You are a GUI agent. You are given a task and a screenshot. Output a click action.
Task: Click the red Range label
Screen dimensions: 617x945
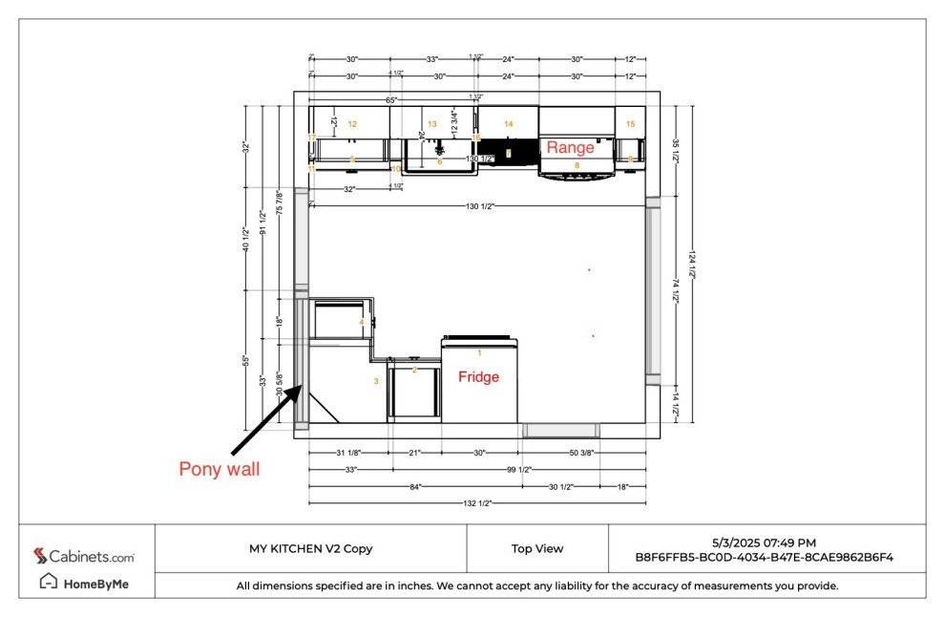pyautogui.click(x=570, y=147)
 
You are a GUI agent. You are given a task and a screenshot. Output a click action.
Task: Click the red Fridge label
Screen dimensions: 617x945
pyautogui.click(x=478, y=377)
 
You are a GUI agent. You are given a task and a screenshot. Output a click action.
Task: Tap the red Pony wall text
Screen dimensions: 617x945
pyautogui.click(x=219, y=469)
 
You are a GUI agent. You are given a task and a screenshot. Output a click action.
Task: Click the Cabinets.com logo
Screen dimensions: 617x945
pyautogui.click(x=84, y=556)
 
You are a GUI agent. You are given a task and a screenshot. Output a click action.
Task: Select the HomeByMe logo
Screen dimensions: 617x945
pyautogui.click(x=84, y=583)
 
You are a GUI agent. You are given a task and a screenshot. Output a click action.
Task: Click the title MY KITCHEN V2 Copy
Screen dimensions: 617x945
pyautogui.click(x=310, y=548)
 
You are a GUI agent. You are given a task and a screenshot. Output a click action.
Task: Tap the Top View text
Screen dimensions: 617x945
pyautogui.click(x=536, y=548)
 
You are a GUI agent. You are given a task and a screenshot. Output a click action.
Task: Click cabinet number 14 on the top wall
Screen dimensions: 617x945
pyautogui.click(x=509, y=124)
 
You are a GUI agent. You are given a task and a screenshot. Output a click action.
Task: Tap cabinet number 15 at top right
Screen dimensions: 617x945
pyautogui.click(x=630, y=124)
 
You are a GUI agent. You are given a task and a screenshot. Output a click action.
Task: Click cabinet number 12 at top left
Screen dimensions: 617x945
pyautogui.click(x=352, y=124)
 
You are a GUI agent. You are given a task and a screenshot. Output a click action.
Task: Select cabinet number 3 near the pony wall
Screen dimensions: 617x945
pyautogui.click(x=376, y=381)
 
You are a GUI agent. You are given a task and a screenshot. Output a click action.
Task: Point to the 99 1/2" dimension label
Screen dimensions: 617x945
pyautogui.click(x=517, y=469)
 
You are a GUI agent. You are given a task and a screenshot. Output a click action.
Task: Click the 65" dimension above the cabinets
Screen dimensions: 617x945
pyautogui.click(x=391, y=99)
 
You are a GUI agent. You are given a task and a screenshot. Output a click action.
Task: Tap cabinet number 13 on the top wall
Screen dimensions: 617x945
pyautogui.click(x=431, y=124)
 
